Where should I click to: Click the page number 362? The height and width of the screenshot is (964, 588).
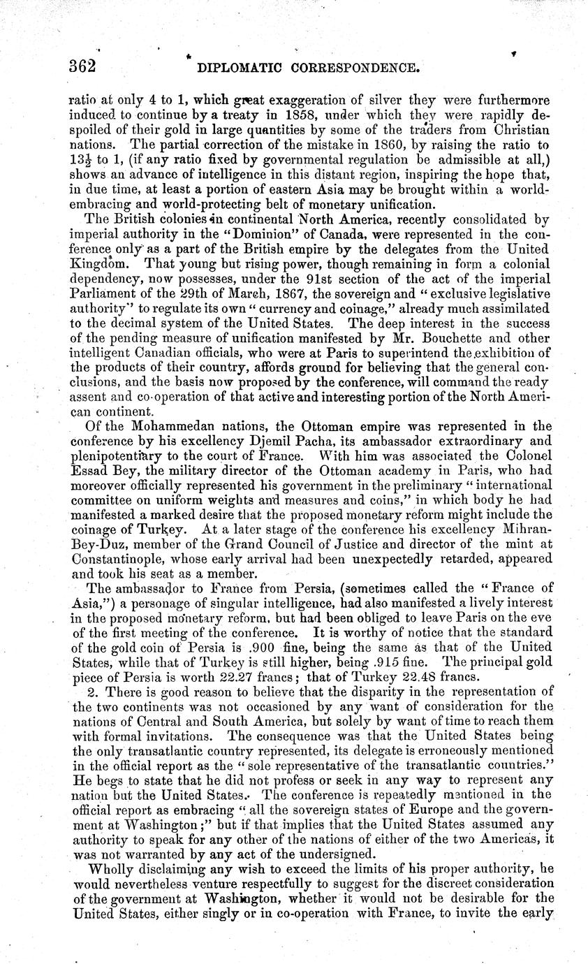tap(81, 67)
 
